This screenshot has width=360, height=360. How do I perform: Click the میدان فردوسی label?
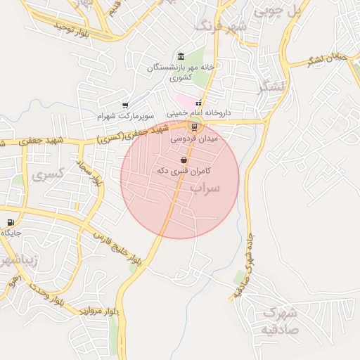point(195,140)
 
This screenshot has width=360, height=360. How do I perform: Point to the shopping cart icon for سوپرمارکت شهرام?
point(125,105)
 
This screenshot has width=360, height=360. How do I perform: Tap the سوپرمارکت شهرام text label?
point(126,115)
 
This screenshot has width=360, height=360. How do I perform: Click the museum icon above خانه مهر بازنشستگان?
point(181,56)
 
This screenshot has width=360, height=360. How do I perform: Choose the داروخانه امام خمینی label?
point(199,112)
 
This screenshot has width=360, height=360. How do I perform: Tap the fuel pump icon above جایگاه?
point(10,223)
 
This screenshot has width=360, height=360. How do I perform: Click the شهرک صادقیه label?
point(280,321)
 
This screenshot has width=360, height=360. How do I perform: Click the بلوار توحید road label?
point(71,30)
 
